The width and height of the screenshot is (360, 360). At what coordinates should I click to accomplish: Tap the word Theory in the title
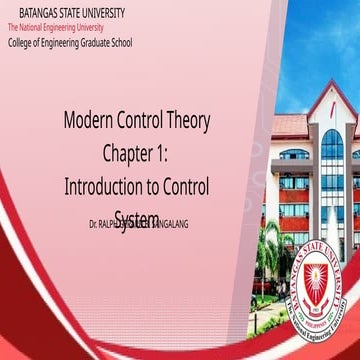(x=186, y=123)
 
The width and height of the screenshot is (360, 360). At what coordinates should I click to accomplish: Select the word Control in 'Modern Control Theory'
(x=141, y=123)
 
